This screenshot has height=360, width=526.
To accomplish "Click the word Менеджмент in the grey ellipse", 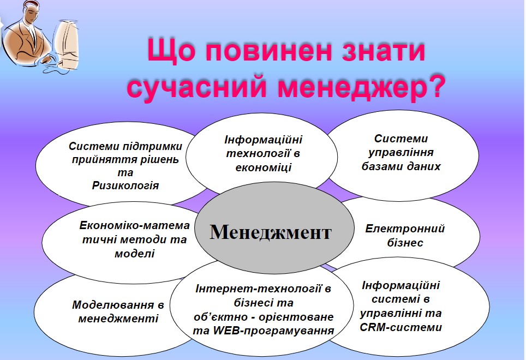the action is (271, 232).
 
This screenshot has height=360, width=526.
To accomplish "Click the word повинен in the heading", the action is (269, 51).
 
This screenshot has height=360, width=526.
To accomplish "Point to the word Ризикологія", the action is (125, 185).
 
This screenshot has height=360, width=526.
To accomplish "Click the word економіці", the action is (264, 167).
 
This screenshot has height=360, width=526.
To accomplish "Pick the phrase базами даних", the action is (401, 166).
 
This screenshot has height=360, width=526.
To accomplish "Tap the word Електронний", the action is (405, 229).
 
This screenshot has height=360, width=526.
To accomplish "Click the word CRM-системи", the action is (401, 327).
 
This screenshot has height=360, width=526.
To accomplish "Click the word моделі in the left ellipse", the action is (135, 254).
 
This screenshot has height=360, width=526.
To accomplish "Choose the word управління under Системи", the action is (401, 153).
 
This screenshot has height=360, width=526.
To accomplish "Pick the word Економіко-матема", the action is (135, 225).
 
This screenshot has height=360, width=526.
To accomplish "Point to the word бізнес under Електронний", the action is (405, 242).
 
